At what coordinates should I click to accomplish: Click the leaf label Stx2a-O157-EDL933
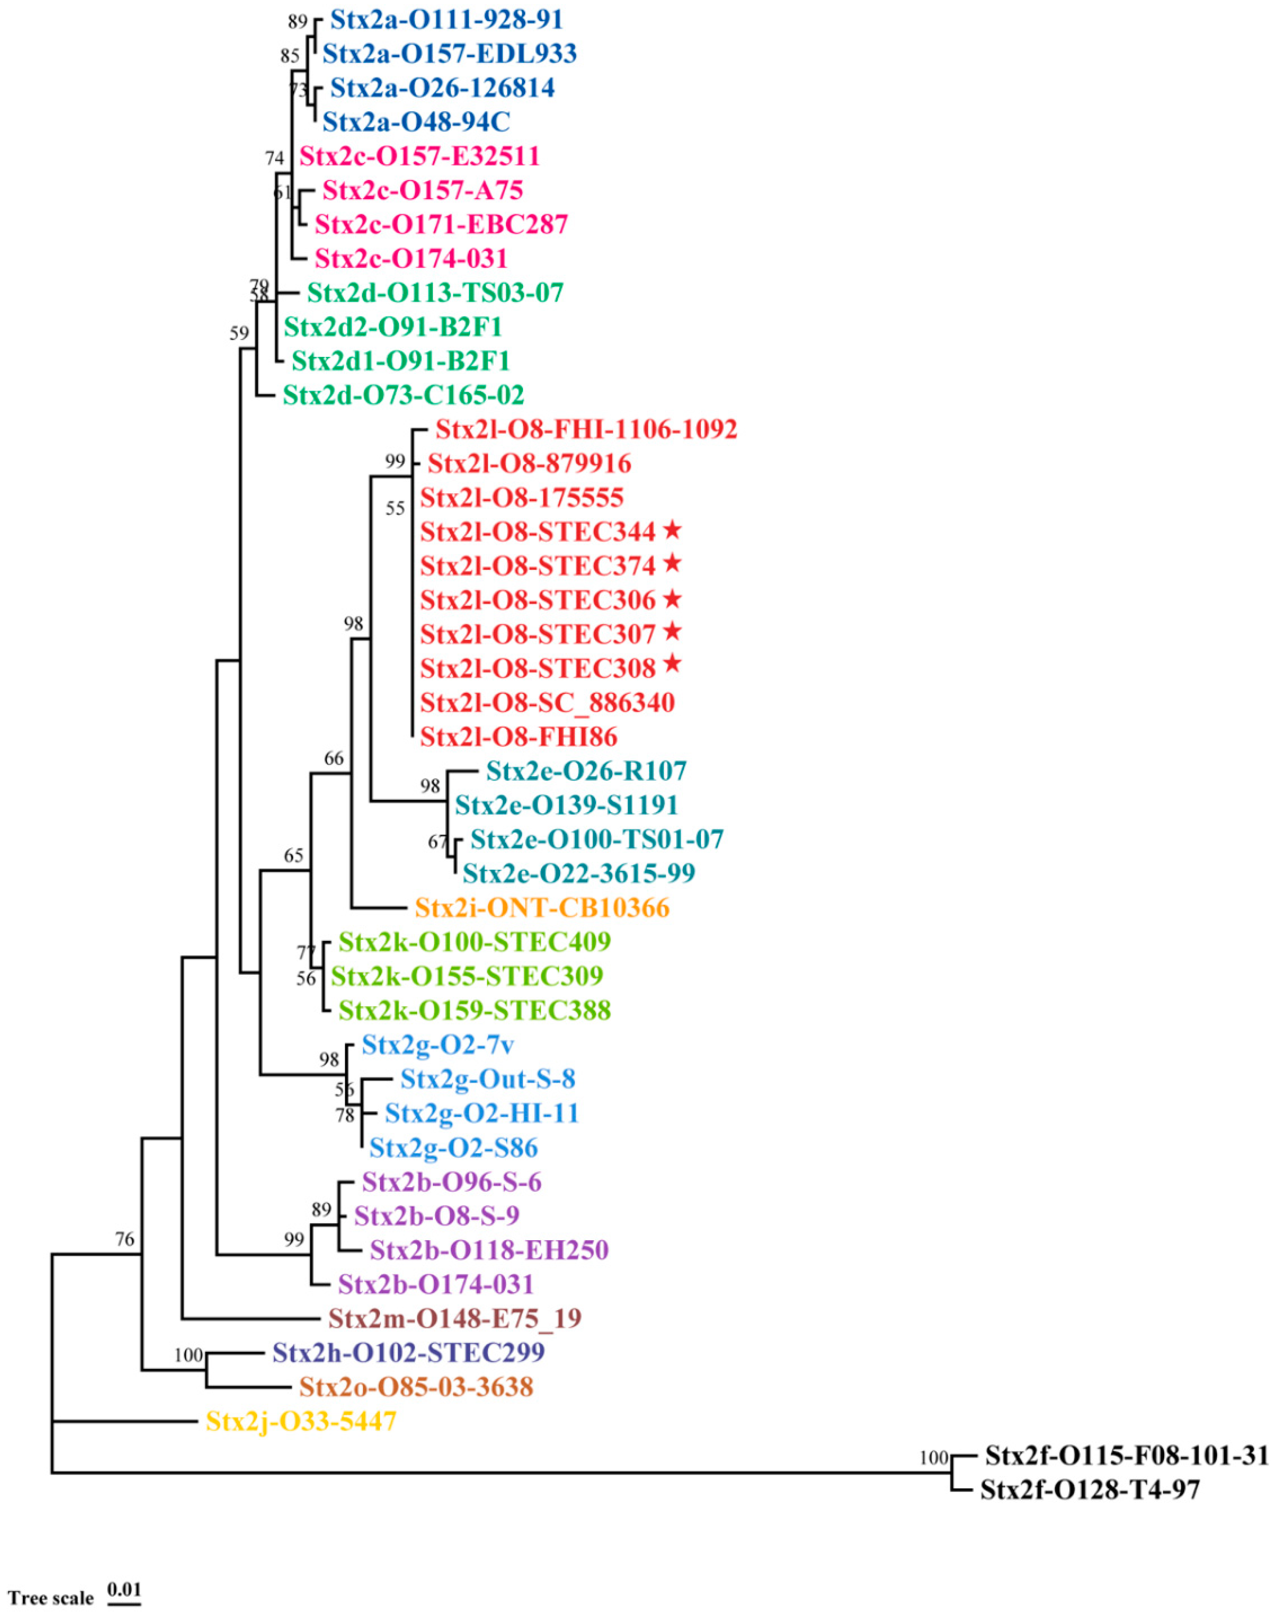tap(449, 54)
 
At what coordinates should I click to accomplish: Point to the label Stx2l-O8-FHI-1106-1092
tap(586, 430)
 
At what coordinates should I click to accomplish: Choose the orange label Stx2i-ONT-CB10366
tap(542, 908)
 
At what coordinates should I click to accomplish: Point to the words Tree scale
tap(51, 1597)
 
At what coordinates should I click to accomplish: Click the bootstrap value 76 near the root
tap(125, 1239)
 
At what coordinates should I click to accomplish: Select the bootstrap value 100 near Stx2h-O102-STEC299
tap(188, 1355)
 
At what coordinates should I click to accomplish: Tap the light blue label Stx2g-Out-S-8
tap(487, 1079)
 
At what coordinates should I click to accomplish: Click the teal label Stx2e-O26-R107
tap(586, 771)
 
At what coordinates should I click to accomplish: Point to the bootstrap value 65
tap(293, 855)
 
